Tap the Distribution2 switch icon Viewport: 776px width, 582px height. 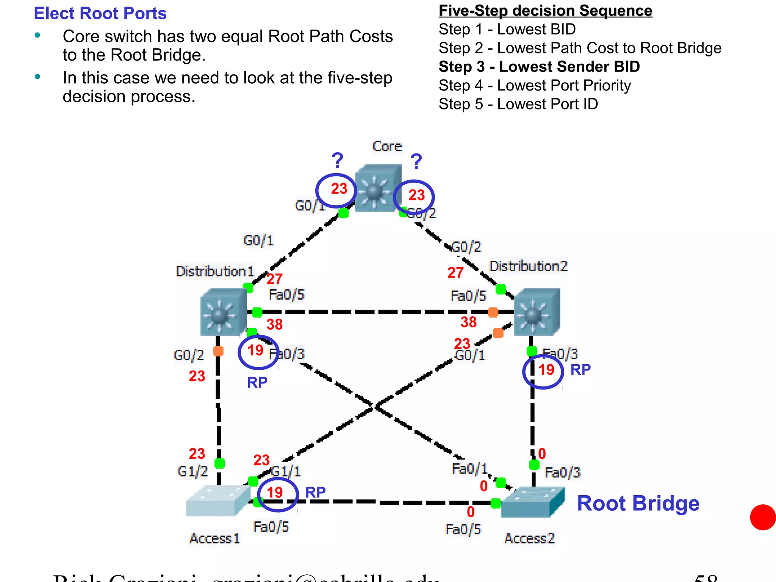click(x=537, y=312)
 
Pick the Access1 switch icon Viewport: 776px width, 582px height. click(x=217, y=501)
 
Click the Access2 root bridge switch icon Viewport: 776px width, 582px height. click(x=532, y=502)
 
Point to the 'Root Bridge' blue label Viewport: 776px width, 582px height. click(x=638, y=504)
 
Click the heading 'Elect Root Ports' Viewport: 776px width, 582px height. click(x=100, y=13)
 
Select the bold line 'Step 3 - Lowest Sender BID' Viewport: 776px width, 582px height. click(x=539, y=67)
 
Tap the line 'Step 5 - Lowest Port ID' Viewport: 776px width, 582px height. click(x=518, y=104)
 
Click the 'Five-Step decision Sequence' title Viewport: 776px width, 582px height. click(x=545, y=11)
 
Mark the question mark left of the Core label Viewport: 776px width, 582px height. click(x=337, y=161)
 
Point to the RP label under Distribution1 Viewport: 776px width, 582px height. click(x=257, y=383)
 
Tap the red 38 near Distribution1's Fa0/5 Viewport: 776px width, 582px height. click(x=274, y=325)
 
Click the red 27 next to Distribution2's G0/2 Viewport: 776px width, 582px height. click(x=455, y=273)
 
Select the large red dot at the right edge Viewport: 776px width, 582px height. click(x=763, y=517)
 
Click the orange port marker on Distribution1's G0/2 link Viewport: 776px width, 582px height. click(x=218, y=351)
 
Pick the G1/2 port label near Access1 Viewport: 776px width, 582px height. click(x=192, y=471)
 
